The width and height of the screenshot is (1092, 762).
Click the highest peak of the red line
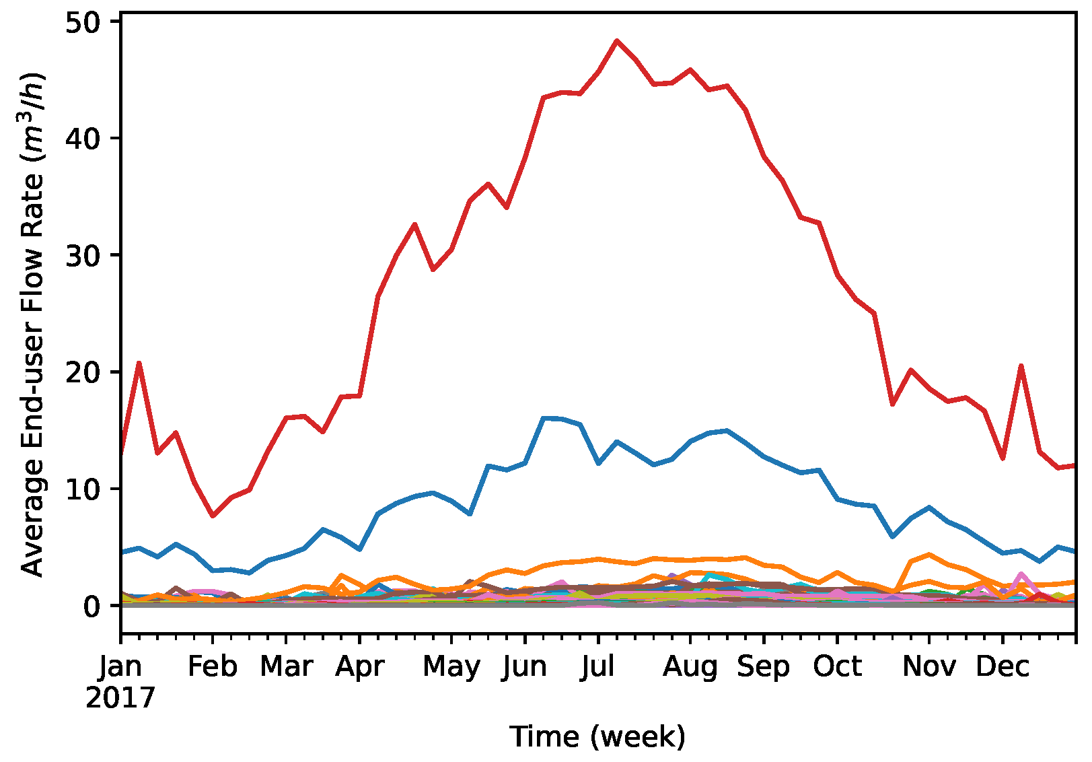click(616, 40)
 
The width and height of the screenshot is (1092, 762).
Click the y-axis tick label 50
click(83, 22)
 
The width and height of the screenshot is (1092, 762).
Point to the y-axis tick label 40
click(83, 138)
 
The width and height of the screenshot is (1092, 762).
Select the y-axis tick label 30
click(83, 255)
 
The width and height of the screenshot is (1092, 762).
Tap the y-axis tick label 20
click(83, 372)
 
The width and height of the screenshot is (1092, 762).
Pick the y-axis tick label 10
click(83, 489)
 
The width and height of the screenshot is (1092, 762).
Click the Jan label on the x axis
click(121, 666)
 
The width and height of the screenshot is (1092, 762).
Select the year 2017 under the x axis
click(120, 698)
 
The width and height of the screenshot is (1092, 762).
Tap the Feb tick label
click(213, 666)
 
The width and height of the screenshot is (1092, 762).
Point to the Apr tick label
click(360, 666)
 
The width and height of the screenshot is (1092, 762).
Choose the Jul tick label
click(598, 666)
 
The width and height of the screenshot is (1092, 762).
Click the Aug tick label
click(690, 666)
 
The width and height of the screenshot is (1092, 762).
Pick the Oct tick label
click(837, 666)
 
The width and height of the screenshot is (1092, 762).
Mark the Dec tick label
click(1003, 666)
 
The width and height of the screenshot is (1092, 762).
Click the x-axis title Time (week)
click(597, 736)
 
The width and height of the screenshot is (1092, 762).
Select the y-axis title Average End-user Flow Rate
click(32, 323)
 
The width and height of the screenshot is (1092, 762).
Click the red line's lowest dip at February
click(213, 516)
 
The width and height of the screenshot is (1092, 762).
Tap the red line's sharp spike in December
click(1021, 366)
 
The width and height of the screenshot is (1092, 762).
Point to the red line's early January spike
click(139, 363)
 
